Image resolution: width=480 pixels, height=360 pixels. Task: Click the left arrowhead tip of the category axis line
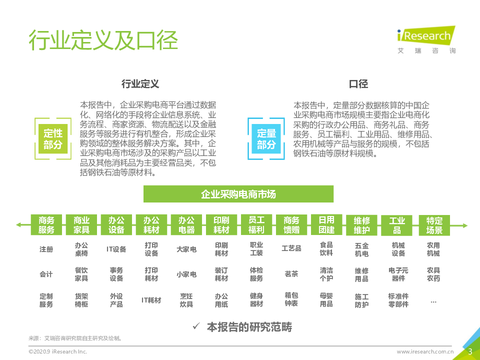pyautogui.click(x=16, y=225)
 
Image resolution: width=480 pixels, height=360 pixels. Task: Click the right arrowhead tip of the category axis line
pyautogui.click(x=468, y=225)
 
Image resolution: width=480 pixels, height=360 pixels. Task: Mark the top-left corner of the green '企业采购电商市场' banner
pyautogui.click(x=143, y=185)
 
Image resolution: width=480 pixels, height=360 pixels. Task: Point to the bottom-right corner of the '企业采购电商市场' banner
pyautogui.click(x=333, y=202)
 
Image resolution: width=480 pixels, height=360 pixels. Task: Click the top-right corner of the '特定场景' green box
pyautogui.click(x=449, y=215)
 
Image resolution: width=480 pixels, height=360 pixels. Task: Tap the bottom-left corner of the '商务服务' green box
pyautogui.click(x=31, y=235)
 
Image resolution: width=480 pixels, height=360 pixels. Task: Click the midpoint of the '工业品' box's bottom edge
pyautogui.click(x=396, y=235)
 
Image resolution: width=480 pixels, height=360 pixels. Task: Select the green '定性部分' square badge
pyautogui.click(x=53, y=138)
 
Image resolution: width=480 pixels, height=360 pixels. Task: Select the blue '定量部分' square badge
pyautogui.click(x=266, y=138)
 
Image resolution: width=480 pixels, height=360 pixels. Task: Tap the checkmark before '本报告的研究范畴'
pyautogui.click(x=196, y=326)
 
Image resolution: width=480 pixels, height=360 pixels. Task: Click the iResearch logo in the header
pyautogui.click(x=426, y=40)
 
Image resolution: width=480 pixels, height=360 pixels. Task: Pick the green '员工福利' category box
pyautogui.click(x=256, y=224)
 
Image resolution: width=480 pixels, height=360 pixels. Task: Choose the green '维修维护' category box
pyautogui.click(x=361, y=225)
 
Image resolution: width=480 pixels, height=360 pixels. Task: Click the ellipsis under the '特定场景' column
pyautogui.click(x=433, y=302)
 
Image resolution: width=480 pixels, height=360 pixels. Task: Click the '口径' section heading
pyautogui.click(x=358, y=84)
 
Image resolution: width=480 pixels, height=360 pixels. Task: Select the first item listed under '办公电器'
pyautogui.click(x=186, y=249)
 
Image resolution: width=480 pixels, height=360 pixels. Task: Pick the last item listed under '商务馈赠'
pyautogui.click(x=291, y=299)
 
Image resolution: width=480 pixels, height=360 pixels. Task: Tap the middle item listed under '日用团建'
pyautogui.click(x=326, y=274)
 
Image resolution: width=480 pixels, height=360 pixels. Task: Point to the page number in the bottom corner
pyautogui.click(x=470, y=351)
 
